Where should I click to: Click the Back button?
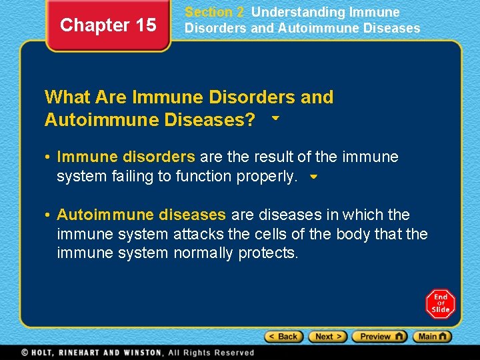[283, 337]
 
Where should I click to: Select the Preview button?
[379, 337]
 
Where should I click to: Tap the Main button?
[432, 337]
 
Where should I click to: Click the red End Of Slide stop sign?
[440, 303]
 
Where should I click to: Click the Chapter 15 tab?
[108, 25]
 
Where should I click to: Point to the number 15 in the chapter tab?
[145, 25]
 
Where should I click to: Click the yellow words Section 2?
[214, 12]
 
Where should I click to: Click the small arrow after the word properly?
[314, 178]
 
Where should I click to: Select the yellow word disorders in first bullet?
[159, 157]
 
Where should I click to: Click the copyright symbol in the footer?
[25, 353]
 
